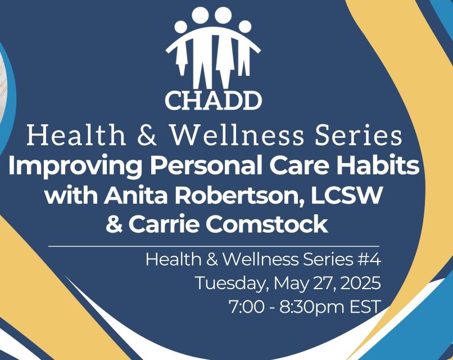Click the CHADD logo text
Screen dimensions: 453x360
[x=213, y=101]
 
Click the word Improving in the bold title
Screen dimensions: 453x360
[x=75, y=166]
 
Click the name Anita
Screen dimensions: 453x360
[x=136, y=195]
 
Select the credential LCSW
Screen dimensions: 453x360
[x=347, y=195]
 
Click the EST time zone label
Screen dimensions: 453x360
[x=365, y=307]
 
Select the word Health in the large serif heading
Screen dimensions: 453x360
[x=76, y=136]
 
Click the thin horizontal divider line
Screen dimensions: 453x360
[x=214, y=246]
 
